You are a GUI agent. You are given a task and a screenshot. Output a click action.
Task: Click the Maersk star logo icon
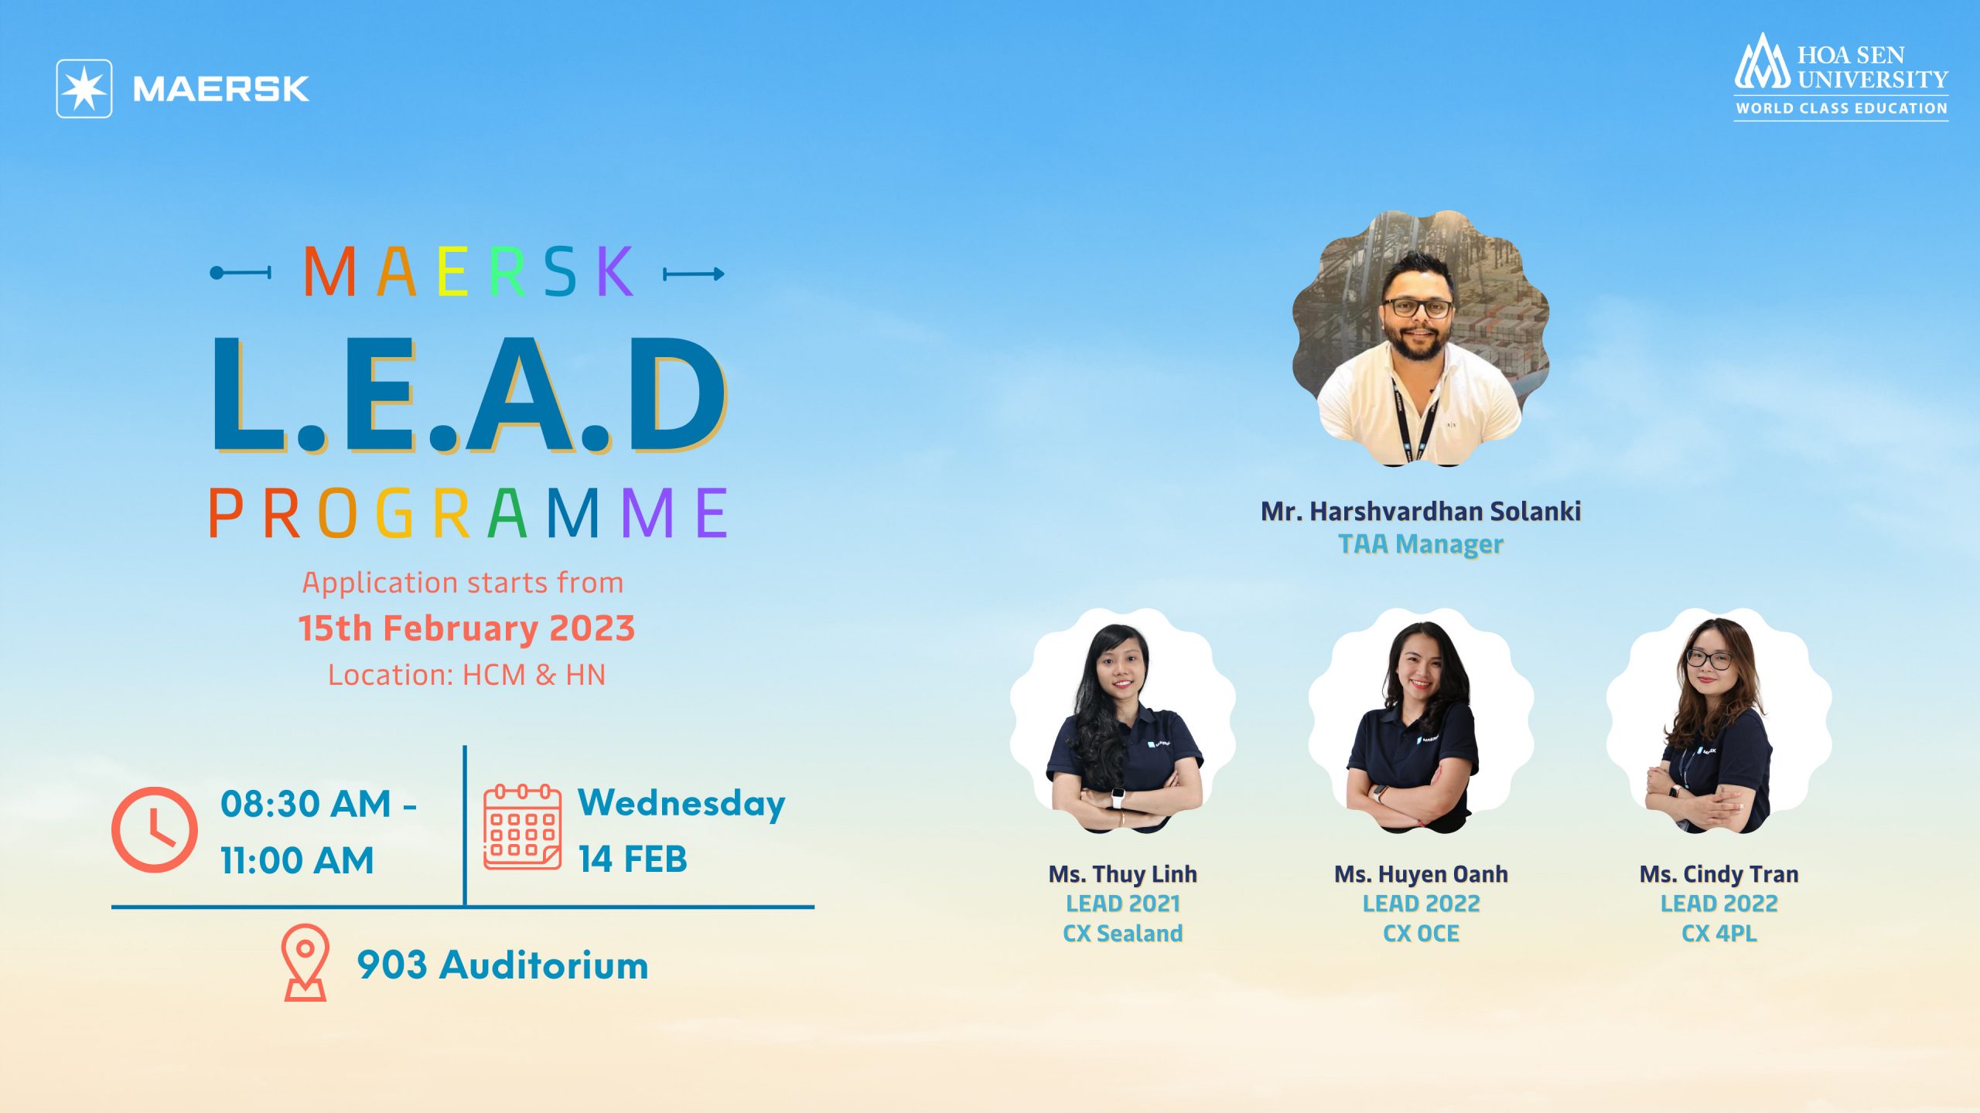click(x=84, y=89)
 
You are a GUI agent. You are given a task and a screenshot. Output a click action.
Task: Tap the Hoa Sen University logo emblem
click(x=1762, y=62)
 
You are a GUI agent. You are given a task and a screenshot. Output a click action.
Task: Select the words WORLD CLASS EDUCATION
click(x=1842, y=108)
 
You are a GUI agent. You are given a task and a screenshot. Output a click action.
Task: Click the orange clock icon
click(x=155, y=829)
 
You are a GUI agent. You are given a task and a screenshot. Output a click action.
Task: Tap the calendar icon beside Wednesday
click(x=523, y=827)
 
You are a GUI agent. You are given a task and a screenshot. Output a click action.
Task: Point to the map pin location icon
click(x=306, y=962)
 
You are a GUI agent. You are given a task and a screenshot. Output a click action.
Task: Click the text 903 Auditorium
click(x=503, y=965)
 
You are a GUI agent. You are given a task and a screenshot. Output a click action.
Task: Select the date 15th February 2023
click(x=466, y=628)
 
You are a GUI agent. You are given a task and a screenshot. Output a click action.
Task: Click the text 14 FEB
click(x=633, y=859)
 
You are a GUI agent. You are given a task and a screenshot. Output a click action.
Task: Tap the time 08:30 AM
click(x=306, y=804)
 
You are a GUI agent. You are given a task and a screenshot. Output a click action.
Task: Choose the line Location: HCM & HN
click(x=466, y=675)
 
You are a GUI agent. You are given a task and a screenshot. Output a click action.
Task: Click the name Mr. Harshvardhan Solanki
click(x=1421, y=511)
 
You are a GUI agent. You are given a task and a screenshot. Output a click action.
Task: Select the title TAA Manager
click(x=1421, y=544)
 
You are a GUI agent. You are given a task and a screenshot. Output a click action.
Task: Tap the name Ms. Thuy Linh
click(x=1123, y=874)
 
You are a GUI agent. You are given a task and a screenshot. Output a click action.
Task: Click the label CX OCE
click(x=1421, y=934)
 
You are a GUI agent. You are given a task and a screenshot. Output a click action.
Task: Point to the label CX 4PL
click(x=1719, y=934)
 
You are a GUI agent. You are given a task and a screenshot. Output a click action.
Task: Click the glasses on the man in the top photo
click(x=1418, y=307)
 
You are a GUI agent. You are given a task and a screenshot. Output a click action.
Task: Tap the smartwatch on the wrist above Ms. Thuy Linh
click(x=1119, y=797)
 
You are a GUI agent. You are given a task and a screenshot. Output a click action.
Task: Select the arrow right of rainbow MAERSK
click(x=694, y=274)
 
